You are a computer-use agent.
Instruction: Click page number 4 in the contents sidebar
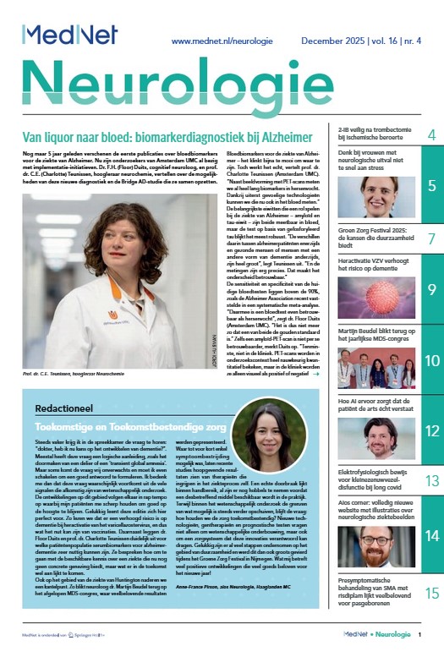click(x=430, y=135)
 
